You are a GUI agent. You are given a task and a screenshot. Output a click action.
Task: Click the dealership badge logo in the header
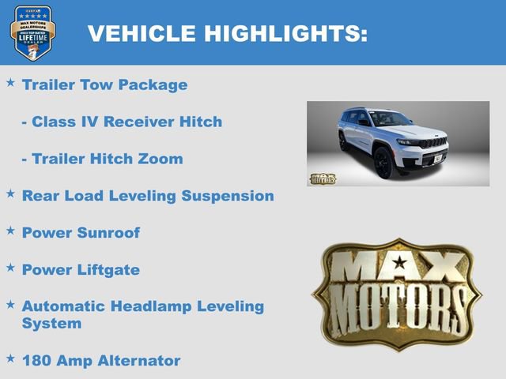(x=32, y=32)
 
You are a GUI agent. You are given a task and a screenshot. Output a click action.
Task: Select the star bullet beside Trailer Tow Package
(x=10, y=82)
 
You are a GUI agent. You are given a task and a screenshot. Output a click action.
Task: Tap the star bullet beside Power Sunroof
(x=10, y=230)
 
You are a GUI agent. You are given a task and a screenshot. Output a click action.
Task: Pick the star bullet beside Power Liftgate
(x=10, y=267)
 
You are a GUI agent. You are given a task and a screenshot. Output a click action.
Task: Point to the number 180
(x=37, y=361)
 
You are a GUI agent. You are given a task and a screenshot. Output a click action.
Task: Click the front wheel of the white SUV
(x=384, y=163)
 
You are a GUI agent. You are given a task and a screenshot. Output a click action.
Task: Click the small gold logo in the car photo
(x=323, y=178)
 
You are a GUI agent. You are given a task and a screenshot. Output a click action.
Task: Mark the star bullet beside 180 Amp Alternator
(x=10, y=358)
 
